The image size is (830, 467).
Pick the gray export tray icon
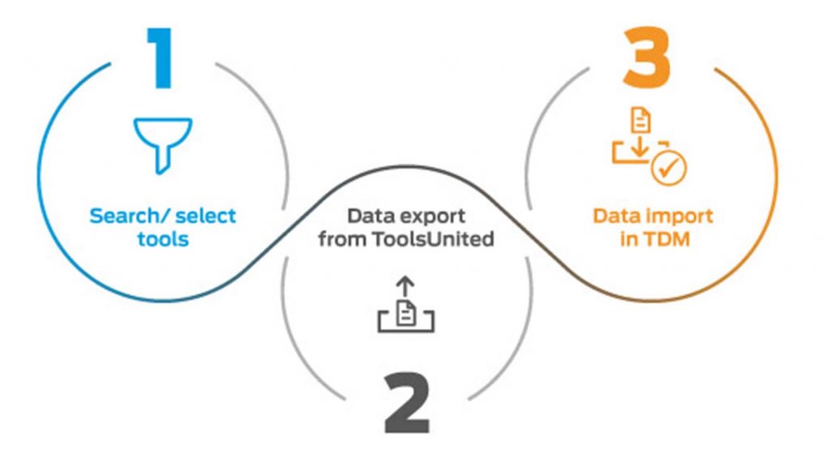406,315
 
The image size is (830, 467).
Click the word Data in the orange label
616,216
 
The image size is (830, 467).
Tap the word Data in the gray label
373,217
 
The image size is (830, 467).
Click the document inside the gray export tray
407,312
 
